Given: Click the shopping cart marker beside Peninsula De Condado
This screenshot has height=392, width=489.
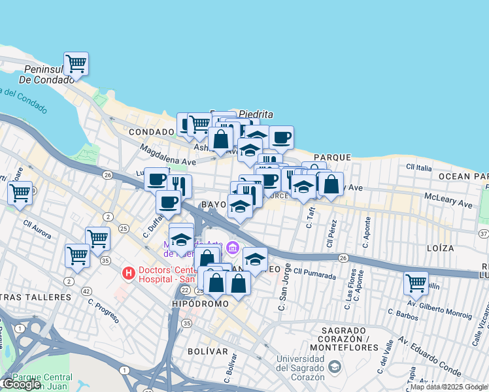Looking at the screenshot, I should (76, 64).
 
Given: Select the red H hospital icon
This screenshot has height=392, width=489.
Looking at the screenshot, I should (129, 272).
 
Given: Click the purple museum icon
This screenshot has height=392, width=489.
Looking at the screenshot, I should (232, 248).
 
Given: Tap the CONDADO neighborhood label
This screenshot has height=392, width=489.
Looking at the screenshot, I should (151, 131).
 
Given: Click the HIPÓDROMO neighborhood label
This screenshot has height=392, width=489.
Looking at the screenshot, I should (200, 304).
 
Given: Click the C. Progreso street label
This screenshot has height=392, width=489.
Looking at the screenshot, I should (103, 312).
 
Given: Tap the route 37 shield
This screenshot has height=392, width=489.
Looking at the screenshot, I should (484, 233).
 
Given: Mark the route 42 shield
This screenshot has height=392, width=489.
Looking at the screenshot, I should (86, 291).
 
